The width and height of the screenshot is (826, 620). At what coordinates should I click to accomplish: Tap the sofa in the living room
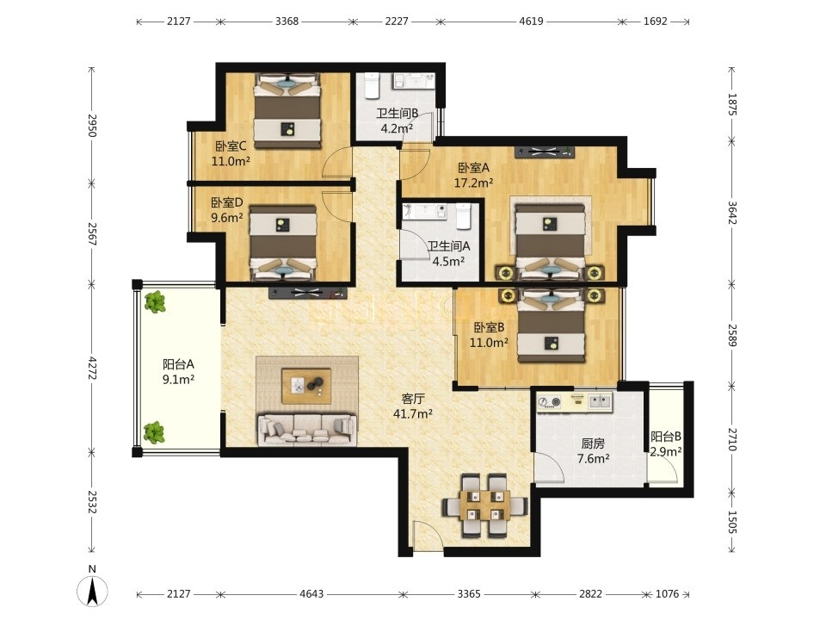click(x=306, y=429)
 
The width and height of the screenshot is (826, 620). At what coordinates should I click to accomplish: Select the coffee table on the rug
click(x=306, y=386)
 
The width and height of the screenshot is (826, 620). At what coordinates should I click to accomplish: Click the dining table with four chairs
click(x=484, y=505)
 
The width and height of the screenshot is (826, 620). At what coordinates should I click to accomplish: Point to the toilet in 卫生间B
click(x=373, y=85)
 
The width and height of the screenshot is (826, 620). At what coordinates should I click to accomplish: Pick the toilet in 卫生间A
click(x=463, y=216)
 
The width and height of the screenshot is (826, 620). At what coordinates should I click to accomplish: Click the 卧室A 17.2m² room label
click(x=473, y=175)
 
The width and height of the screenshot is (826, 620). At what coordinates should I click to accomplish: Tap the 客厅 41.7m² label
click(x=413, y=406)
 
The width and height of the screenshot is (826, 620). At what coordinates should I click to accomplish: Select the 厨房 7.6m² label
click(x=593, y=450)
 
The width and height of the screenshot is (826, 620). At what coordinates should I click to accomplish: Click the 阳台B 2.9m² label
click(x=666, y=444)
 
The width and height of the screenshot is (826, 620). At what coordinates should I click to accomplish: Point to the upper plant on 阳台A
click(x=155, y=302)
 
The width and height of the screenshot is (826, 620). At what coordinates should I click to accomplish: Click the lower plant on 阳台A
click(x=154, y=432)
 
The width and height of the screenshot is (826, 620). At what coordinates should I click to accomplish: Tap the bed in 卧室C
click(x=287, y=111)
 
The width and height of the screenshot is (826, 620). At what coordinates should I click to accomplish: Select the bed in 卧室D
click(x=283, y=243)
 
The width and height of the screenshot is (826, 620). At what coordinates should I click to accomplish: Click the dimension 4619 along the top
click(x=531, y=22)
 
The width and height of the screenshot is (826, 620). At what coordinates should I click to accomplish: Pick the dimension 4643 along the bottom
click(x=311, y=594)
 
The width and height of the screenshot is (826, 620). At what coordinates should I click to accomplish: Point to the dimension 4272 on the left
click(x=92, y=368)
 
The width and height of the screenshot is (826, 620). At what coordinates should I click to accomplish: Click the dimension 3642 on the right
click(x=731, y=213)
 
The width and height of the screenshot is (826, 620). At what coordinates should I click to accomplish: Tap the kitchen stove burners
click(x=550, y=403)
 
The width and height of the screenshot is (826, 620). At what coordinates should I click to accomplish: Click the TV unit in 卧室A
click(x=544, y=152)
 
